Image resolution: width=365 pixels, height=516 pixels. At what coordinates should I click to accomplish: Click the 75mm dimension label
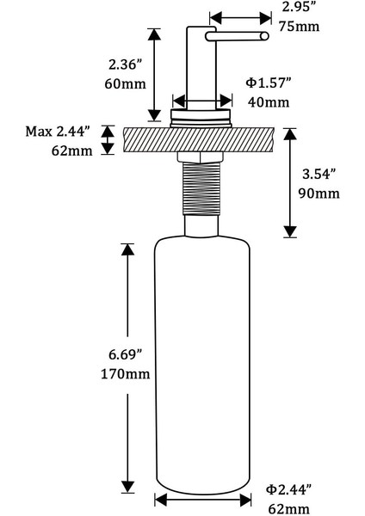pyautogui.click(x=299, y=27)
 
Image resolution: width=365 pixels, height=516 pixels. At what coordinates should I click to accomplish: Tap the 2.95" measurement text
pyautogui.click(x=297, y=7)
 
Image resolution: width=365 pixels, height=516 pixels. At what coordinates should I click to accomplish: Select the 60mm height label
pyautogui.click(x=125, y=84)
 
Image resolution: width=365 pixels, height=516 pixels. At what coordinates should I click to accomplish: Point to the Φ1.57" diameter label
pyautogui.click(x=269, y=83)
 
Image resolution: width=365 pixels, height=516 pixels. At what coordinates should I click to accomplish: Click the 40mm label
pyautogui.click(x=269, y=102)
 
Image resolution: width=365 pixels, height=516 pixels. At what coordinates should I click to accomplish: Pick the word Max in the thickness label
pyautogui.click(x=39, y=132)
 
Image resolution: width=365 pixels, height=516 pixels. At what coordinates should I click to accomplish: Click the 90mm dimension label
pyautogui.click(x=319, y=193)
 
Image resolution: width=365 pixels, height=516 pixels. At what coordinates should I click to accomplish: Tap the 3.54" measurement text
pyautogui.click(x=319, y=174)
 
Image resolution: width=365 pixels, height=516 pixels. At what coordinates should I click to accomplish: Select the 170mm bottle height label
pyautogui.click(x=125, y=374)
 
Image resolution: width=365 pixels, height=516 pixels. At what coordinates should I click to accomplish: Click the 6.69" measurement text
pyautogui.click(x=125, y=354)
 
